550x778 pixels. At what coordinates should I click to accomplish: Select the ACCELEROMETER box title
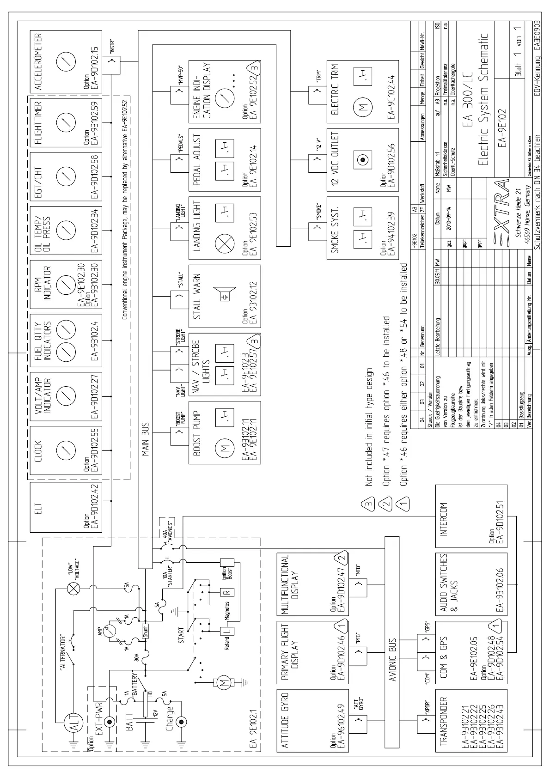point(38,61)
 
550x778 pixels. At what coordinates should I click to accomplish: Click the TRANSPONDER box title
point(444,728)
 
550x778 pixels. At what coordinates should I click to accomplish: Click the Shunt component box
point(146,630)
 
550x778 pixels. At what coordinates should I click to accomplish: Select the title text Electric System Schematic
point(483,99)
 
